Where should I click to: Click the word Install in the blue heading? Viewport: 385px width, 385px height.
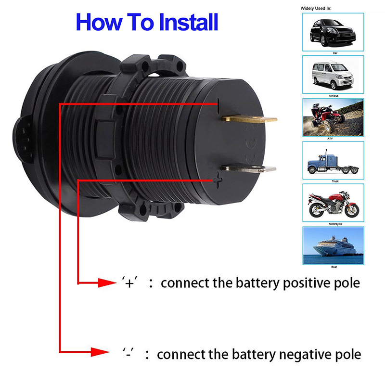click(188, 22)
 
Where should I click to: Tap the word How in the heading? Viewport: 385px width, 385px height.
click(99, 22)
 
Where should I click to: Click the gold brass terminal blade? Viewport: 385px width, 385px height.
click(249, 119)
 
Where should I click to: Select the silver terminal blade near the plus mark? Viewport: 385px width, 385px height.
click(248, 168)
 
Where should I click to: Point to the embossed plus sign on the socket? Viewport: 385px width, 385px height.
click(218, 180)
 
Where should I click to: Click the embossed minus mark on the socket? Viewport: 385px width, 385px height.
click(218, 104)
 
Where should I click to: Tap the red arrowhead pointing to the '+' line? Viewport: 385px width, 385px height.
click(107, 283)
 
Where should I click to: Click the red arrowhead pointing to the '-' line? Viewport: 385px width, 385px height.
click(100, 352)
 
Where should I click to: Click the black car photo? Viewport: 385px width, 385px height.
click(333, 32)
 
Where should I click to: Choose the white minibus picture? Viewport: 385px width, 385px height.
click(333, 75)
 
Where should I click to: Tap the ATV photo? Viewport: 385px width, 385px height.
click(333, 117)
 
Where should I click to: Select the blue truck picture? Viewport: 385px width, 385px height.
click(333, 160)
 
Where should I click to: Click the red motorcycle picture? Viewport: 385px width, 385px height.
click(333, 203)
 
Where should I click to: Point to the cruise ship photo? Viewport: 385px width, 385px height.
click(333, 245)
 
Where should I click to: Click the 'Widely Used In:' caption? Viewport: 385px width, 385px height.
click(316, 8)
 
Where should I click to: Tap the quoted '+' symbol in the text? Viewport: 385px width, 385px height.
click(129, 282)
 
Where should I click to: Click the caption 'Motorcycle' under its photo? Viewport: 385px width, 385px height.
click(335, 224)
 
